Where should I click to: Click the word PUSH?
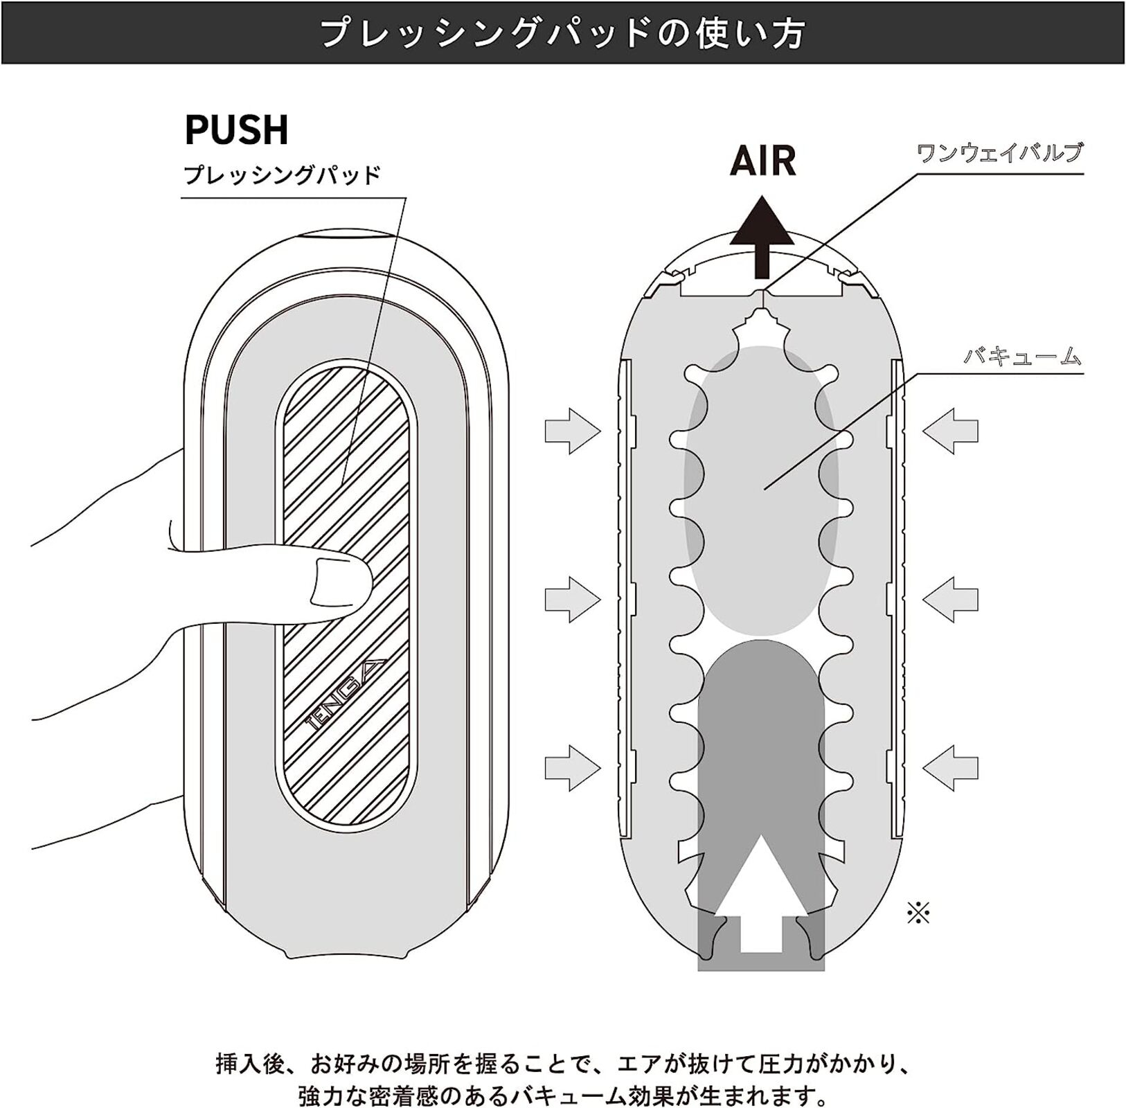pos(236,129)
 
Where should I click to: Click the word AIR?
pos(762,161)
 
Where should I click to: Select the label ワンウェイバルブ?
pos(999,152)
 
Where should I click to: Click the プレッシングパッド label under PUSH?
pos(283,175)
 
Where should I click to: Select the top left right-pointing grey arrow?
pos(573,431)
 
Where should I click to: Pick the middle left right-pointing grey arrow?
pos(573,598)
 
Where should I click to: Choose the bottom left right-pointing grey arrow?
pos(573,767)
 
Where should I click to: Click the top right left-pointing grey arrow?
pos(950,431)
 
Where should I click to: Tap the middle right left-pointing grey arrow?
pos(950,598)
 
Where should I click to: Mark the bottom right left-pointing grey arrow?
pos(950,767)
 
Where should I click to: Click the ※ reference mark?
pos(918,913)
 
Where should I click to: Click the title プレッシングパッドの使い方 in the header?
pos(563,33)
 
